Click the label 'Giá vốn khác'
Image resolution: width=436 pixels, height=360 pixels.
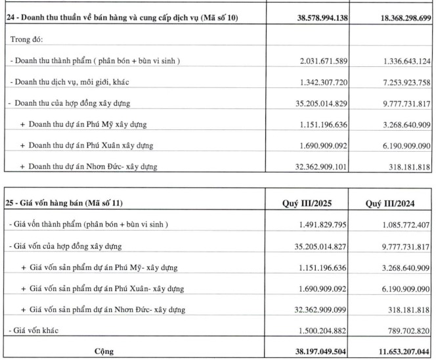point(34,330)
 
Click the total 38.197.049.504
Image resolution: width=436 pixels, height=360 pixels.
point(309,351)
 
